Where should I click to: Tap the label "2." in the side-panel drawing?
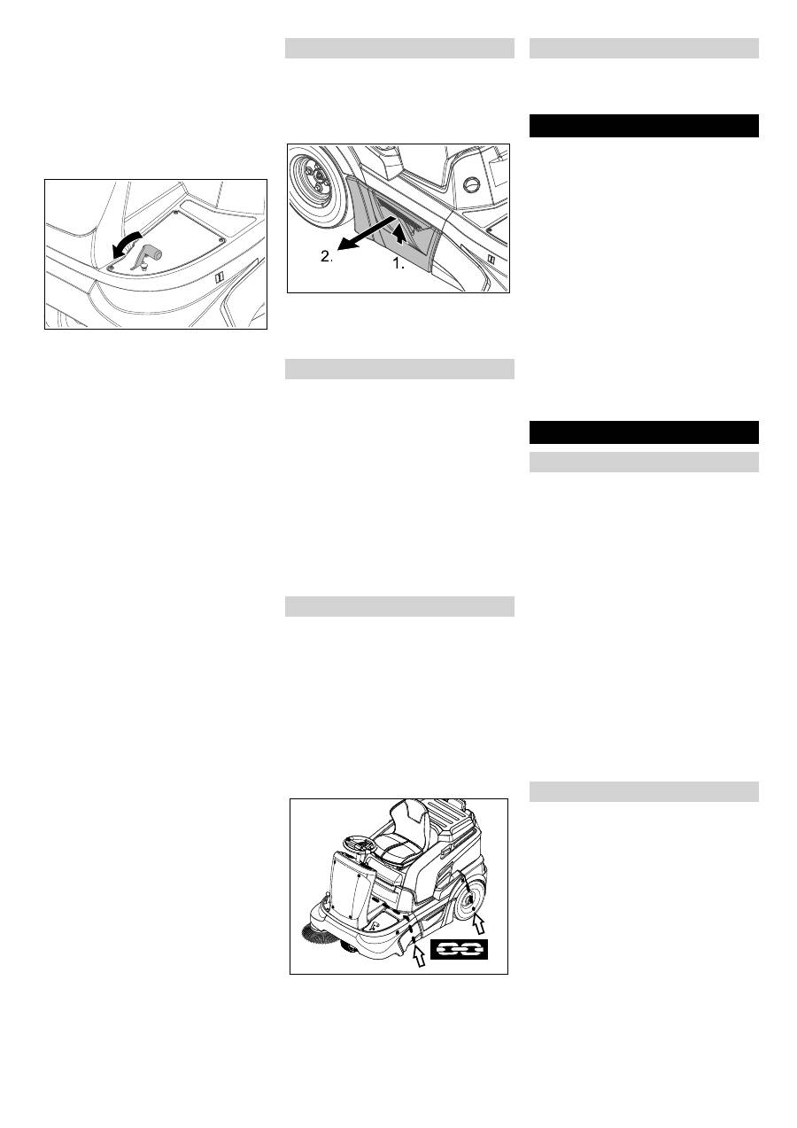[327, 257]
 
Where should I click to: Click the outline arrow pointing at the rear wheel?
[478, 927]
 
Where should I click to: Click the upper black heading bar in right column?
[644, 126]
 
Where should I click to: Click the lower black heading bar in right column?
[644, 432]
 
